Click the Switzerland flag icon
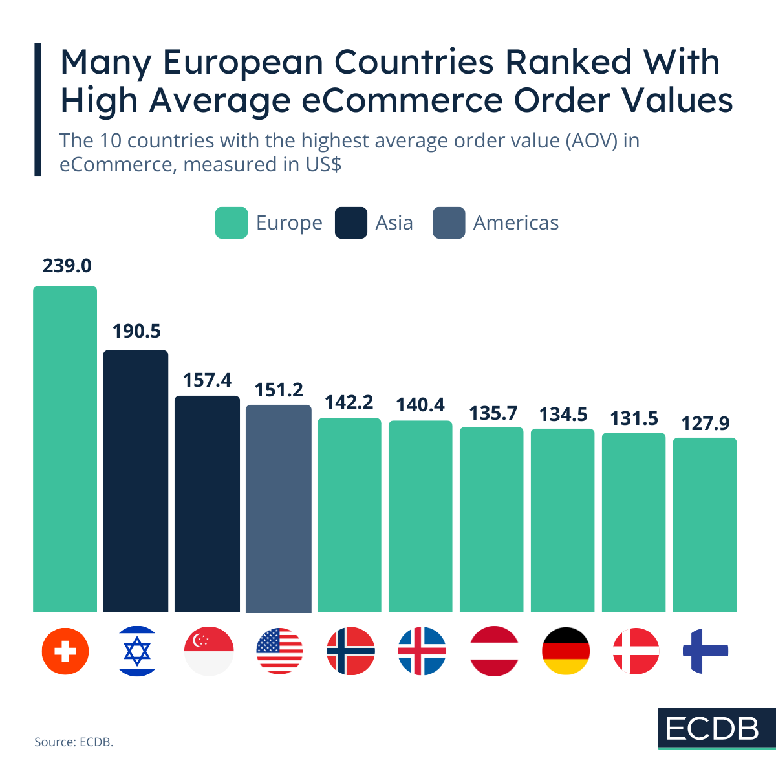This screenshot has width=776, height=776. pyautogui.click(x=65, y=651)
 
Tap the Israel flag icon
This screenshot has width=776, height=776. pyautogui.click(x=137, y=651)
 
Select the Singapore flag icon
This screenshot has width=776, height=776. pyautogui.click(x=208, y=651)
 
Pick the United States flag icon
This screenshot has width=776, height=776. pyautogui.click(x=279, y=651)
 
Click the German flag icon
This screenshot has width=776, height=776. pyautogui.click(x=565, y=651)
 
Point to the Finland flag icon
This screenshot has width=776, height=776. pyautogui.click(x=705, y=651)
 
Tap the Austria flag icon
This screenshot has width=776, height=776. pyautogui.click(x=494, y=651)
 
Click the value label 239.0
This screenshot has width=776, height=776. pyautogui.click(x=67, y=266)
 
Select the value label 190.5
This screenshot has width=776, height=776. pyautogui.click(x=136, y=331)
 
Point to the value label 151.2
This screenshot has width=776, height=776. pyautogui.click(x=279, y=390)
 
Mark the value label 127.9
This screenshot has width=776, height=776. pyautogui.click(x=705, y=424)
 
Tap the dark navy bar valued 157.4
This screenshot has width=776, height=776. pyautogui.click(x=208, y=504)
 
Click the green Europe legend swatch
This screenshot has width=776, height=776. pyautogui.click(x=231, y=223)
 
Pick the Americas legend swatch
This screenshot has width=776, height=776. pyautogui.click(x=449, y=223)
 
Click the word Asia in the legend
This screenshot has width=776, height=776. pyautogui.click(x=394, y=223)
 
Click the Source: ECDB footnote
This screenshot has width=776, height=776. pyautogui.click(x=74, y=742)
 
